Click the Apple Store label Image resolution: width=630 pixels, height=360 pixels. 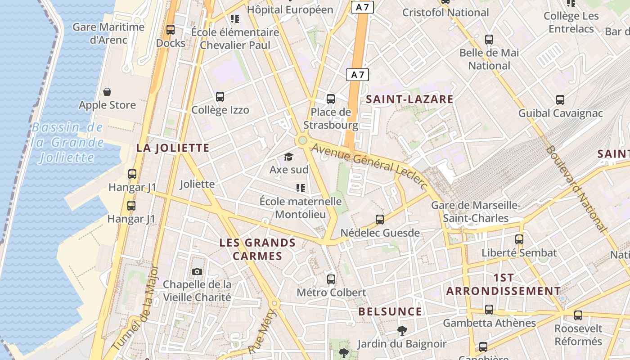107,105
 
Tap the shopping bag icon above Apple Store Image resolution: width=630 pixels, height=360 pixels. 107,92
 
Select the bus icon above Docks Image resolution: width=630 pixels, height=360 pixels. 171,30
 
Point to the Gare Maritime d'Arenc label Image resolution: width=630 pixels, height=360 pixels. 109,33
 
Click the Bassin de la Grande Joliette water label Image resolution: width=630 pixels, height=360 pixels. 67,142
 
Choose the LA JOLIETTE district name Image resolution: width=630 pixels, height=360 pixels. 173,148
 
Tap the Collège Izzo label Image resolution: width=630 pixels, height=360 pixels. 220,110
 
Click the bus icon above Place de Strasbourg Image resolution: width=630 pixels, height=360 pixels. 331,99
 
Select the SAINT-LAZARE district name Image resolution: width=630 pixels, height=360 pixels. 409,99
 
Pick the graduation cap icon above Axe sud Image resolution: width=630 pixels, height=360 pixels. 288,157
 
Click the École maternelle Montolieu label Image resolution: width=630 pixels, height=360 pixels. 301,208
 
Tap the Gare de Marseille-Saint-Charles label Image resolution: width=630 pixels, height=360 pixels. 476,212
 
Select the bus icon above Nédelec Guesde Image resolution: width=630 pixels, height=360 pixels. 380,220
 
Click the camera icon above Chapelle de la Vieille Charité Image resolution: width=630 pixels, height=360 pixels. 197,271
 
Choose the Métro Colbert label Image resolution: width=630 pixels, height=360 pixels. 331,293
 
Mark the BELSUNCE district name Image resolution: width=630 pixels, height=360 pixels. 390,312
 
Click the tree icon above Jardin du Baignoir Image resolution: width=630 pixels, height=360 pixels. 402,331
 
